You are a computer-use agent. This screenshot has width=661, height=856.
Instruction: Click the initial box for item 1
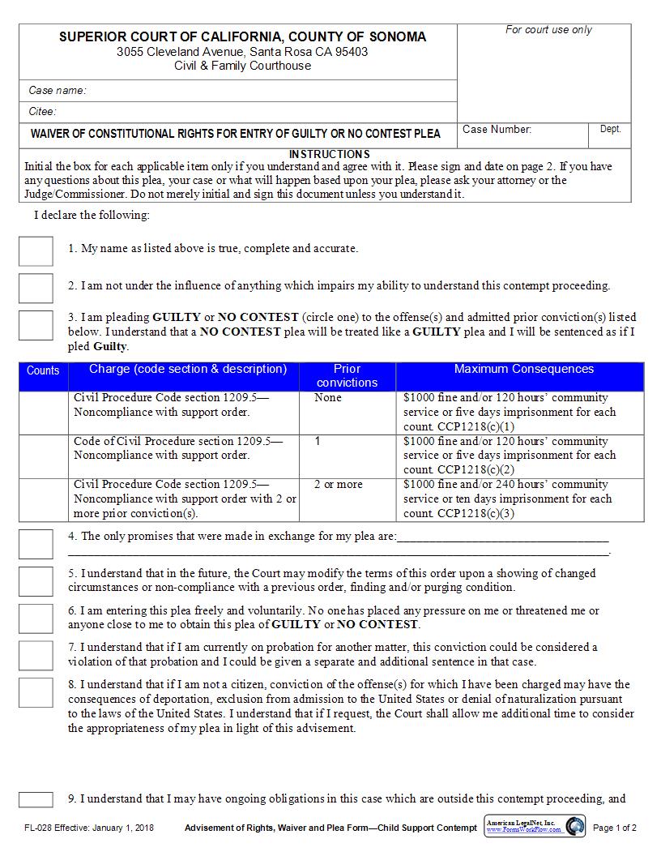pyautogui.click(x=36, y=251)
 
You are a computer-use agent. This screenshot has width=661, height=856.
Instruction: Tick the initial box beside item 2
pyautogui.click(x=36, y=288)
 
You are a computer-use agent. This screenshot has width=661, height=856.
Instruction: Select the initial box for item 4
pyautogui.click(x=36, y=544)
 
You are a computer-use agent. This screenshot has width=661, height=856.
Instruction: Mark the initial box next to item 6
pyautogui.click(x=36, y=618)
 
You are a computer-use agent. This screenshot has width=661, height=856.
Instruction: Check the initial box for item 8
pyautogui.click(x=36, y=693)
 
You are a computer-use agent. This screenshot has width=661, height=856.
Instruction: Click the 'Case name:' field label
pyautogui.click(x=58, y=91)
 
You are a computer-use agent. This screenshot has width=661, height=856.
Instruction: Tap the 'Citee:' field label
pyautogui.click(x=43, y=112)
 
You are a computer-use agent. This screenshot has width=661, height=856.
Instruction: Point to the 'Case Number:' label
pyautogui.click(x=497, y=130)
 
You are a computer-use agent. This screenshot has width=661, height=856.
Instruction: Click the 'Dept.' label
pyautogui.click(x=610, y=130)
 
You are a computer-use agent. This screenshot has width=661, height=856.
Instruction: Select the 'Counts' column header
pyautogui.click(x=43, y=370)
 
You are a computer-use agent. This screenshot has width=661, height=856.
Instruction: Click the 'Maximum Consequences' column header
pyautogui.click(x=523, y=370)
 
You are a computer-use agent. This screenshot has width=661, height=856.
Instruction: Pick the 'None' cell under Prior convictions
pyautogui.click(x=328, y=398)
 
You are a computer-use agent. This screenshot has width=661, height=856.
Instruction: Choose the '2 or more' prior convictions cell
pyautogui.click(x=338, y=485)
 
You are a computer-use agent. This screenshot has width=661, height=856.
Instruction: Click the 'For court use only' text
pyautogui.click(x=548, y=30)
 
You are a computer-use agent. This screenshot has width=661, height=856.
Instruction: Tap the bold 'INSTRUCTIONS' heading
pyautogui.click(x=329, y=154)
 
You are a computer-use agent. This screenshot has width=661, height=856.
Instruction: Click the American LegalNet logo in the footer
pyautogui.click(x=535, y=827)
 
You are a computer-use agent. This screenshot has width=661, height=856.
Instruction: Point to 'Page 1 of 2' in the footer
pyautogui.click(x=615, y=828)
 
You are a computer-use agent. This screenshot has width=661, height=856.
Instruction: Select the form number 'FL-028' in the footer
pyautogui.click(x=38, y=828)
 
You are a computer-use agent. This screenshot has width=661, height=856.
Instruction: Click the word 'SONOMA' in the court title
pyautogui.click(x=398, y=36)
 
